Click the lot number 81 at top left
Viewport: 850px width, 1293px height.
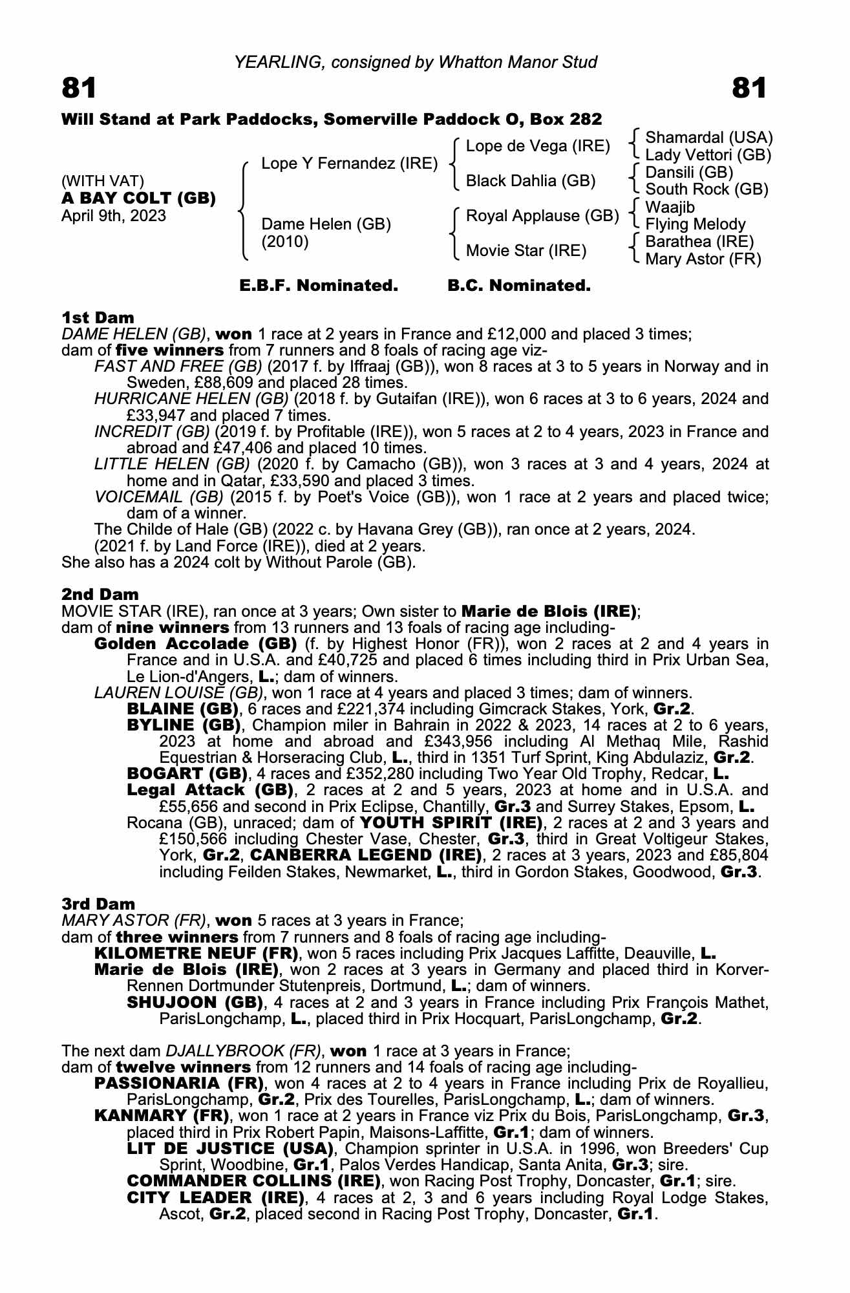click(79, 88)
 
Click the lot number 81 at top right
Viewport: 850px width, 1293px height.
click(749, 88)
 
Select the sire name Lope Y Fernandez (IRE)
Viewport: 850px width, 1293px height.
click(349, 164)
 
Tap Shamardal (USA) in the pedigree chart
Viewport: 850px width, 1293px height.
click(708, 138)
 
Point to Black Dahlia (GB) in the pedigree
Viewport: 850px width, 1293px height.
click(530, 181)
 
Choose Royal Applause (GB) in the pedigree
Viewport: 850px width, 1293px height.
click(542, 216)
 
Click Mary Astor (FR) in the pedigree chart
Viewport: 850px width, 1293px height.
click(703, 259)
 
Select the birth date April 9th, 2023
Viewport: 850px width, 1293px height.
click(114, 216)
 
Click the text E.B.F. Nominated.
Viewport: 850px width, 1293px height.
click(319, 286)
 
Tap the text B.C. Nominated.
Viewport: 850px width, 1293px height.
click(519, 286)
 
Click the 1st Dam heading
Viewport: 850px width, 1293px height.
click(98, 317)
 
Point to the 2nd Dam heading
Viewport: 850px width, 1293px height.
click(100, 594)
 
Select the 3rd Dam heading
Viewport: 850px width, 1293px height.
click(98, 904)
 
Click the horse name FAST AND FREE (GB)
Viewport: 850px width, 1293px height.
click(178, 367)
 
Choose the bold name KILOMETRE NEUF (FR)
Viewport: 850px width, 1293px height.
click(196, 954)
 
